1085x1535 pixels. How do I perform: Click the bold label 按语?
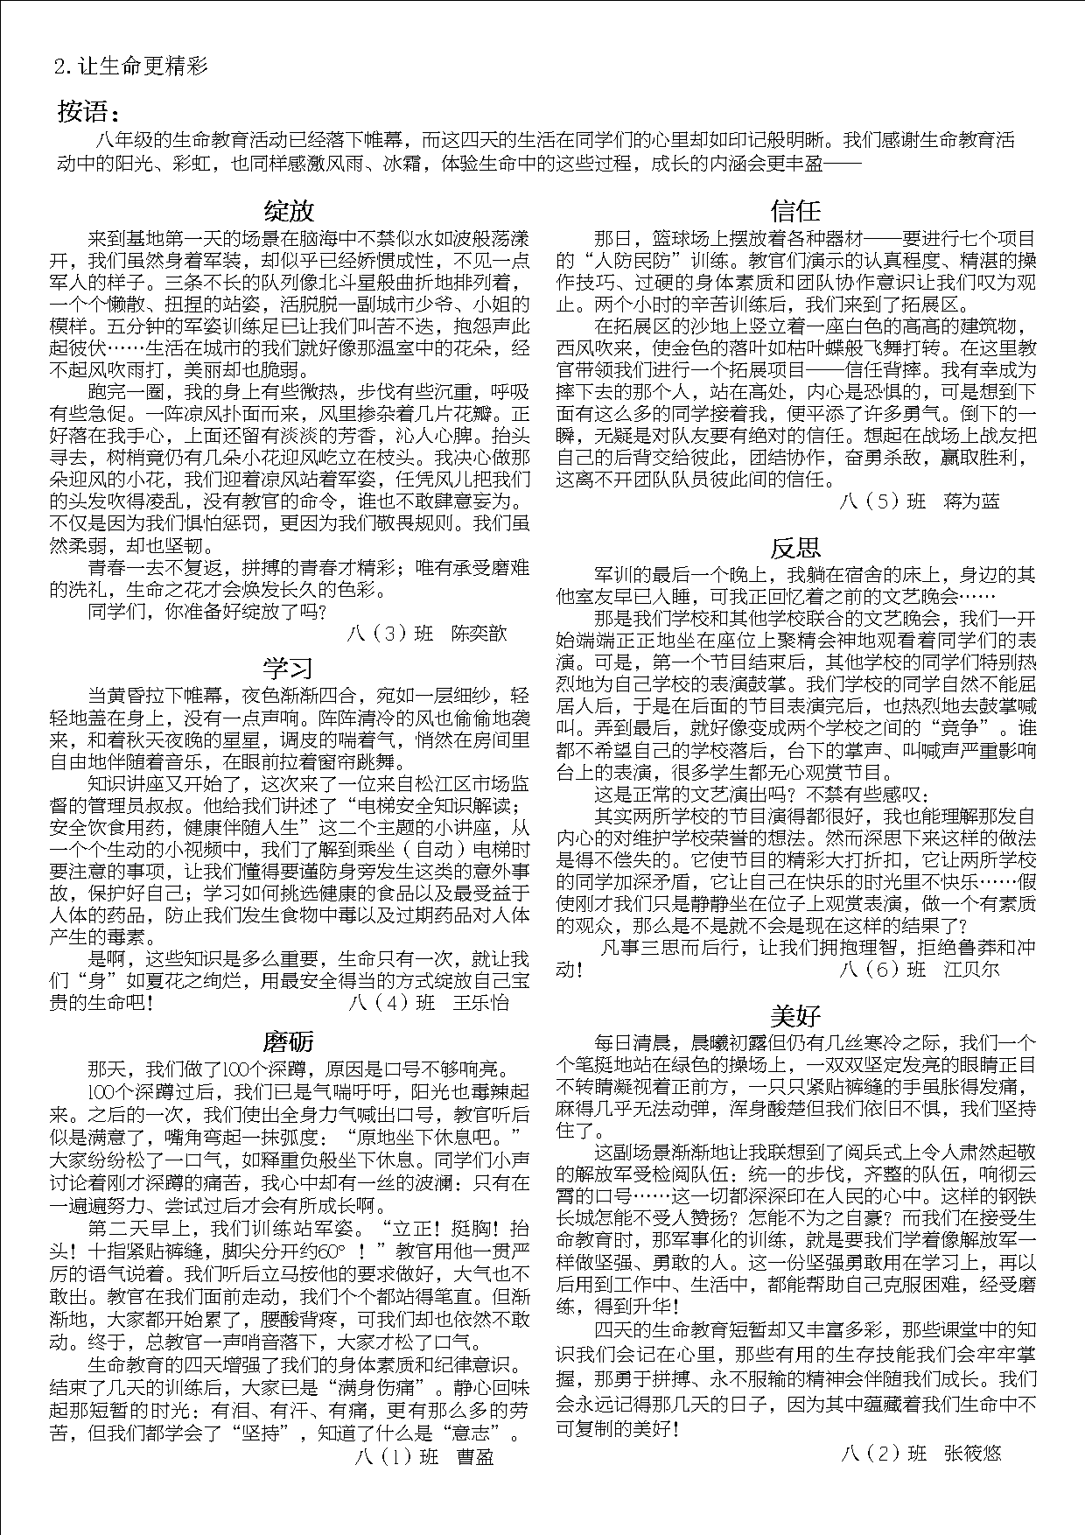[x=87, y=112]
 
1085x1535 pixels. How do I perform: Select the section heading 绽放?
[x=289, y=211]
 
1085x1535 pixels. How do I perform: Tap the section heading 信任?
[x=795, y=211]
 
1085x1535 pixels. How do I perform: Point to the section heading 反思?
[x=795, y=548]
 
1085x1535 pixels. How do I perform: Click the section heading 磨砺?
[x=288, y=1041]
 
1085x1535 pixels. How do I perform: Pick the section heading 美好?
[x=795, y=1015]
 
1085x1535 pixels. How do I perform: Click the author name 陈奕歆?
[x=479, y=633]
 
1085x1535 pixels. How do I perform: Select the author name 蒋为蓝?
[x=971, y=501]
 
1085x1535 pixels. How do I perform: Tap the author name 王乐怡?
[x=480, y=1003]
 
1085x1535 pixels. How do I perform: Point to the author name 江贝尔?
[x=971, y=970]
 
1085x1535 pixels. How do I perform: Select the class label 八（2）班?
[x=883, y=1454]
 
